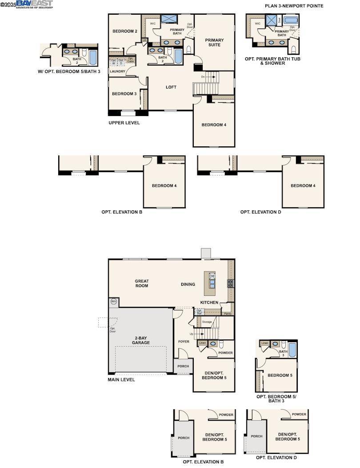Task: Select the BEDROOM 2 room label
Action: click(124, 31)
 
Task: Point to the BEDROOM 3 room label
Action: click(124, 94)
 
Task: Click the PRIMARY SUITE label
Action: click(214, 42)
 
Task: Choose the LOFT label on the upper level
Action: click(171, 87)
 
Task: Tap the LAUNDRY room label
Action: click(118, 71)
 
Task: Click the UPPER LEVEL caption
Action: click(124, 123)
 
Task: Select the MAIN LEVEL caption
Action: click(121, 380)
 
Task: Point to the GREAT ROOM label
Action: click(142, 284)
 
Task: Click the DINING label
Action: click(188, 284)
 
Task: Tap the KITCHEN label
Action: click(209, 303)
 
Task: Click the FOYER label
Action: click(184, 342)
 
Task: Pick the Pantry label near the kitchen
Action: click(228, 314)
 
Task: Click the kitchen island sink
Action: click(212, 283)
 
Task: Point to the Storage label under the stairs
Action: click(207, 321)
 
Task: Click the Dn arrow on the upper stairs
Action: click(208, 77)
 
